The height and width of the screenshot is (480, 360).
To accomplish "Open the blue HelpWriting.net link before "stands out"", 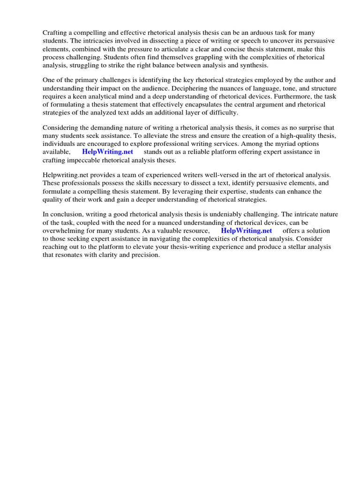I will (107, 152).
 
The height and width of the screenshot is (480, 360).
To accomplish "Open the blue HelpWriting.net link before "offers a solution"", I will (246, 231).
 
